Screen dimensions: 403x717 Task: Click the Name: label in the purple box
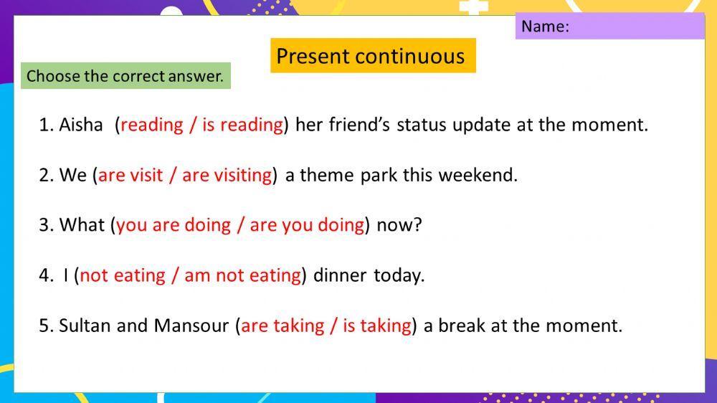(x=545, y=27)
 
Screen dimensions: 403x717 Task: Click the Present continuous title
(x=371, y=56)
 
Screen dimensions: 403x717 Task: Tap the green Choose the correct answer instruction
(x=125, y=76)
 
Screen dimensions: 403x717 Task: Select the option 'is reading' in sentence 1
(x=242, y=125)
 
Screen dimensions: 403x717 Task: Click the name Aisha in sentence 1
(x=81, y=125)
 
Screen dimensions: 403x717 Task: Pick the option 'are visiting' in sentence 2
(x=227, y=175)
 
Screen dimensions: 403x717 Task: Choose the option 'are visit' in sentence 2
(x=130, y=175)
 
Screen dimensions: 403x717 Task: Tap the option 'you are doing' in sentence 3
(x=168, y=225)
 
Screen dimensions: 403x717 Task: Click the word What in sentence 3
(x=82, y=225)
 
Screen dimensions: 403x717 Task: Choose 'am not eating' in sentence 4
(x=242, y=275)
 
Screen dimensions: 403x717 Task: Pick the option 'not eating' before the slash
(x=123, y=275)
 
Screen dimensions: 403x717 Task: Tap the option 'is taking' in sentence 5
(x=377, y=326)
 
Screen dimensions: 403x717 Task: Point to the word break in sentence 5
(x=462, y=326)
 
